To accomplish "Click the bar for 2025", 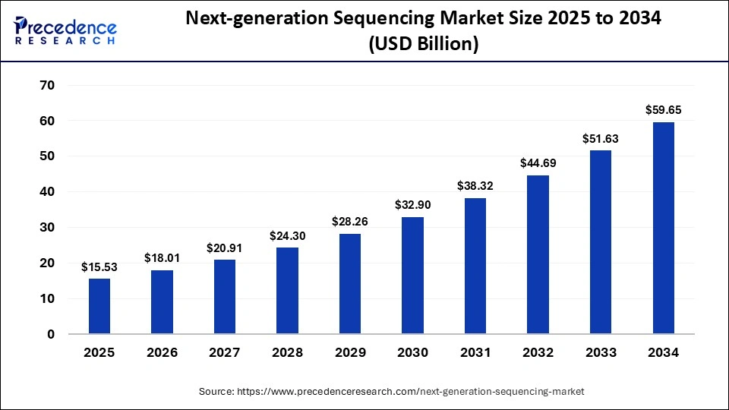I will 99,306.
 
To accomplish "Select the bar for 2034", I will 664,228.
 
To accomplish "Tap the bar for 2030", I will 412,275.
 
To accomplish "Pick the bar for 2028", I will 287,290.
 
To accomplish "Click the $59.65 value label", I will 664,110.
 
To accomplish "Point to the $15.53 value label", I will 99,266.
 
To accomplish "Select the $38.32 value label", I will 475,185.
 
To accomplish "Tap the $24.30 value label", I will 287,235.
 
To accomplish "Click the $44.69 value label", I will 538,162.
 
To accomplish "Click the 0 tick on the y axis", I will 50,334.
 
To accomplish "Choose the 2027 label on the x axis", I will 225,353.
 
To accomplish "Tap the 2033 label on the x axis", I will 601,353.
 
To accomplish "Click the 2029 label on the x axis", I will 350,353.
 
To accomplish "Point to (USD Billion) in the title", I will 424,45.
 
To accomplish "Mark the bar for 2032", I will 538,254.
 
